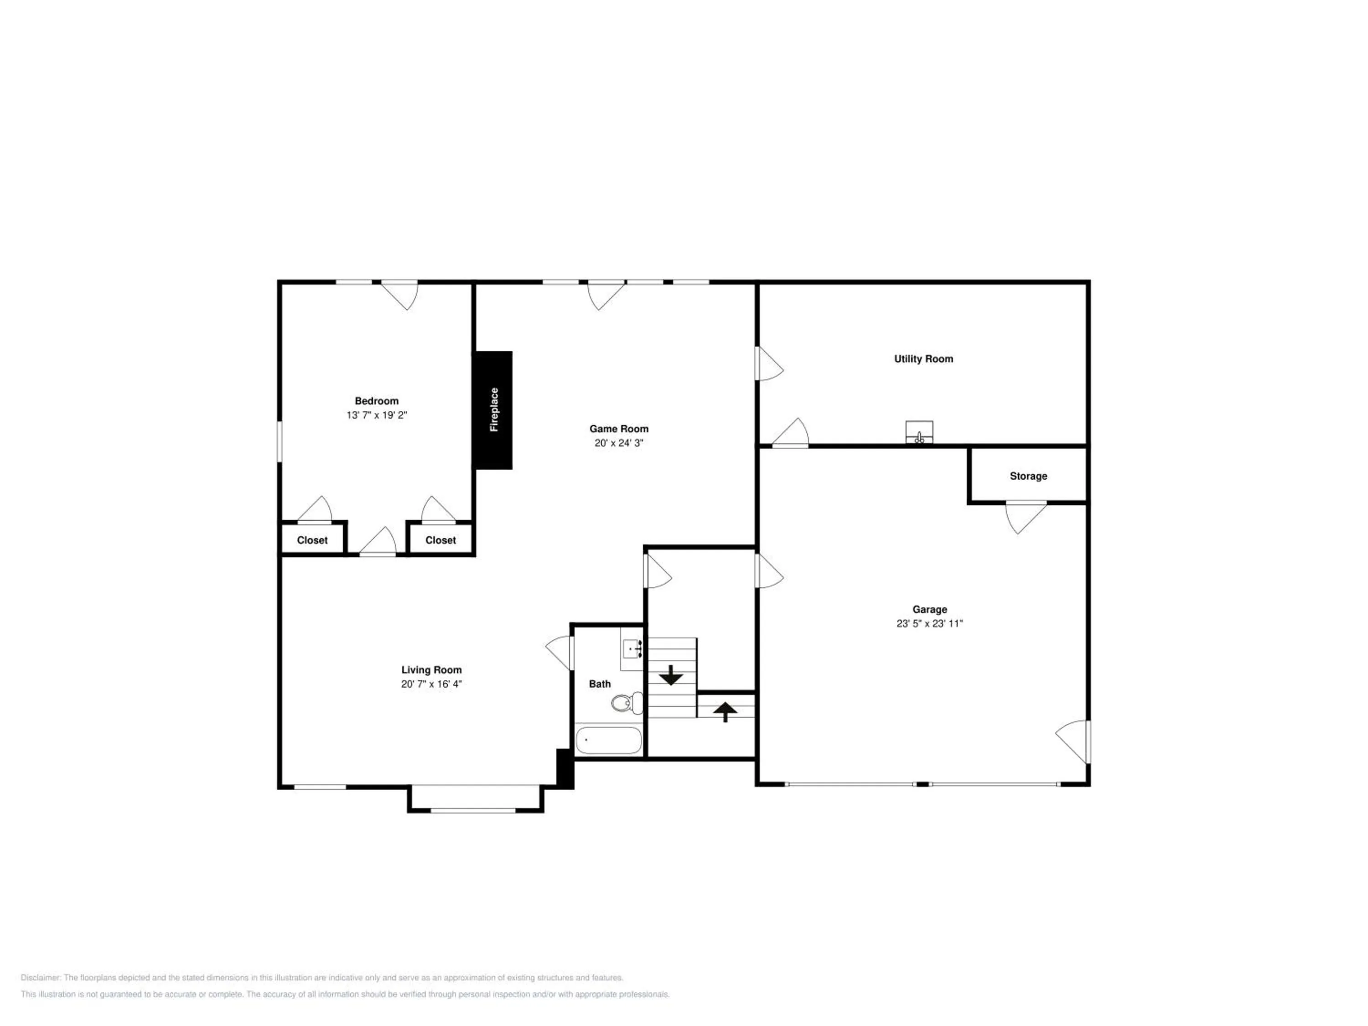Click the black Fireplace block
point(493,410)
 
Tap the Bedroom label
point(377,401)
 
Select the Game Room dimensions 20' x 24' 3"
point(619,443)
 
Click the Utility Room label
point(923,359)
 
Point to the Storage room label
point(1028,476)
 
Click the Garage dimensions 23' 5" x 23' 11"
point(929,623)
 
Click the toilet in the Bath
point(627,703)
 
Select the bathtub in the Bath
point(609,740)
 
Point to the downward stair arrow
point(671,675)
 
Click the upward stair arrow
point(725,712)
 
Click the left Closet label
point(312,540)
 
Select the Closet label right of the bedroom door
point(440,540)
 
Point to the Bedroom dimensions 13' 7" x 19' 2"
point(377,415)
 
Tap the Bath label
point(600,684)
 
